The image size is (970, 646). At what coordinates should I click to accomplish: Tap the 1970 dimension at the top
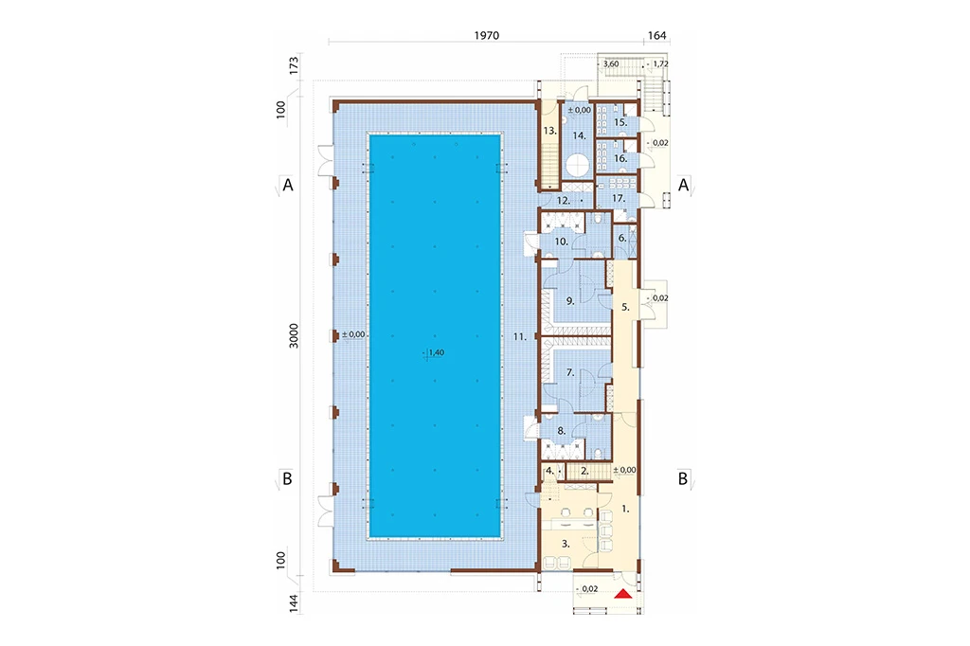[487, 35]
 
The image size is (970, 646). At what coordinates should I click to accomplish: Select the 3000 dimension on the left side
[294, 335]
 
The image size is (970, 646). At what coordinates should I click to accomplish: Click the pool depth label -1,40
[434, 352]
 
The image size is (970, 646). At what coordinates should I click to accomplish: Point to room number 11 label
[520, 337]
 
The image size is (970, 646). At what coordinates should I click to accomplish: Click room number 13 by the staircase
[550, 131]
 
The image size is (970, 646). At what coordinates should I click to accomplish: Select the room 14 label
[579, 135]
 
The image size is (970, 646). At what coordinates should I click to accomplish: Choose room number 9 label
[570, 301]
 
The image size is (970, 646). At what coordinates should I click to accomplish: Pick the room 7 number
[570, 372]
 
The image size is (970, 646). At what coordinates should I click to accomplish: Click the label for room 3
[566, 544]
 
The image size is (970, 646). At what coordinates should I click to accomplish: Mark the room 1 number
[625, 509]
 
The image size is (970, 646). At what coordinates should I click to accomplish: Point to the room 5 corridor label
[625, 306]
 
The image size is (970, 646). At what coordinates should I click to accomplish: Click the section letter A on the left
[288, 185]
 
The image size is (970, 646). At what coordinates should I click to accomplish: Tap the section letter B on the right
[683, 479]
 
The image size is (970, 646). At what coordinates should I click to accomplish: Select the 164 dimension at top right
[657, 35]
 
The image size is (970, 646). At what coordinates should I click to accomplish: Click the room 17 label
[619, 199]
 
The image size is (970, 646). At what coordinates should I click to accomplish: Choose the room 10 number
[561, 242]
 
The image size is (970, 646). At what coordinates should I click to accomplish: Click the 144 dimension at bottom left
[294, 604]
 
